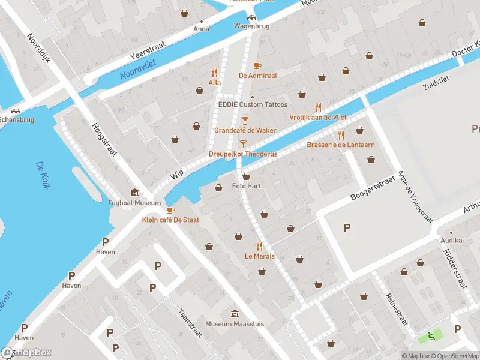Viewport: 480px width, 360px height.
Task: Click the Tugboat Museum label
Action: [134, 203]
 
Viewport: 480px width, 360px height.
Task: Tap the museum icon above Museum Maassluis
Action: [235, 314]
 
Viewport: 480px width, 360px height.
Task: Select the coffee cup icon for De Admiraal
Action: [257, 65]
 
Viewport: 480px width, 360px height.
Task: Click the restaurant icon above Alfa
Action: [214, 73]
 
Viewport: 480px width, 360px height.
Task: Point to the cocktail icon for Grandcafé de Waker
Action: [245, 120]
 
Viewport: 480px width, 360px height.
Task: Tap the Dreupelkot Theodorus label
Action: [242, 154]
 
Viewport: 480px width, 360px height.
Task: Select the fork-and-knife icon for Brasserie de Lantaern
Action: [341, 135]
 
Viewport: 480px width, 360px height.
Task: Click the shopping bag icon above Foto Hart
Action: [247, 176]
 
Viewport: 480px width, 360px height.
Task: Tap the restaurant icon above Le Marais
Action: [259, 245]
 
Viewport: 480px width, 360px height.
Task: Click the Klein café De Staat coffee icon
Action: [170, 210]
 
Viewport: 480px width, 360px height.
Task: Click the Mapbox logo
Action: [26, 352]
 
